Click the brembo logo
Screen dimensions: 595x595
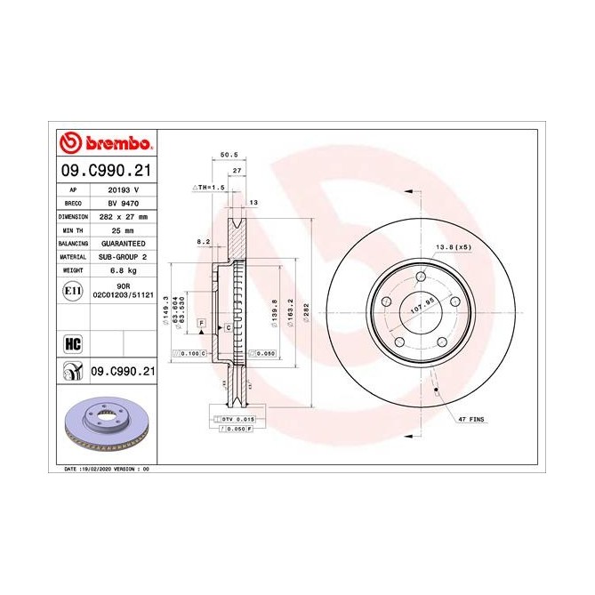tap(106, 143)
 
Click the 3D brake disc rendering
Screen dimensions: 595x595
tap(107, 423)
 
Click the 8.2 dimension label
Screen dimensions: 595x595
tap(203, 241)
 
